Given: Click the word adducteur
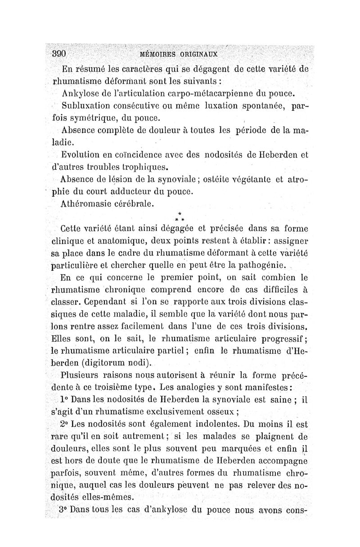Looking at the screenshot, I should coord(127,192).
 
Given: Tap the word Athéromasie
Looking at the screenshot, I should coord(88,204).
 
